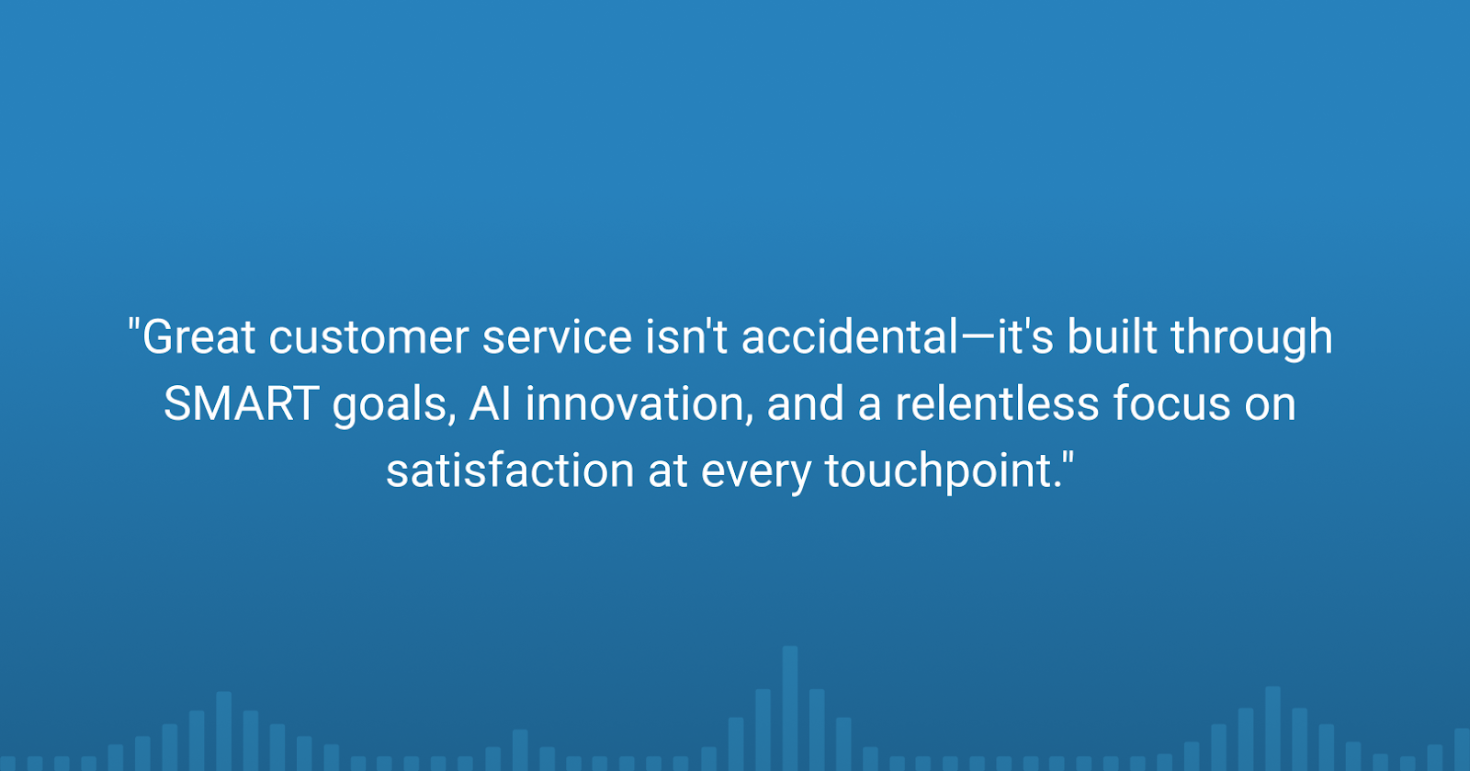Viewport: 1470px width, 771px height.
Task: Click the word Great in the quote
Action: click(198, 336)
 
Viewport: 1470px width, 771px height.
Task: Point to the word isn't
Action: click(686, 336)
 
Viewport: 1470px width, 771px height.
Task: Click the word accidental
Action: click(850, 336)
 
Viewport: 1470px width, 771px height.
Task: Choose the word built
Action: click(1113, 336)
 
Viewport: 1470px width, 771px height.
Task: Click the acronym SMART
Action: click(242, 403)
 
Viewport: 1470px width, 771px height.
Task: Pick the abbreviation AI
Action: click(491, 403)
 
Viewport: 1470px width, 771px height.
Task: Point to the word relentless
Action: click(997, 403)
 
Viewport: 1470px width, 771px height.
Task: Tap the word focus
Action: click(1172, 403)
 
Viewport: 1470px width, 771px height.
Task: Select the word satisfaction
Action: click(510, 471)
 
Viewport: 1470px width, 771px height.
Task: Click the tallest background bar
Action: click(790, 709)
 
